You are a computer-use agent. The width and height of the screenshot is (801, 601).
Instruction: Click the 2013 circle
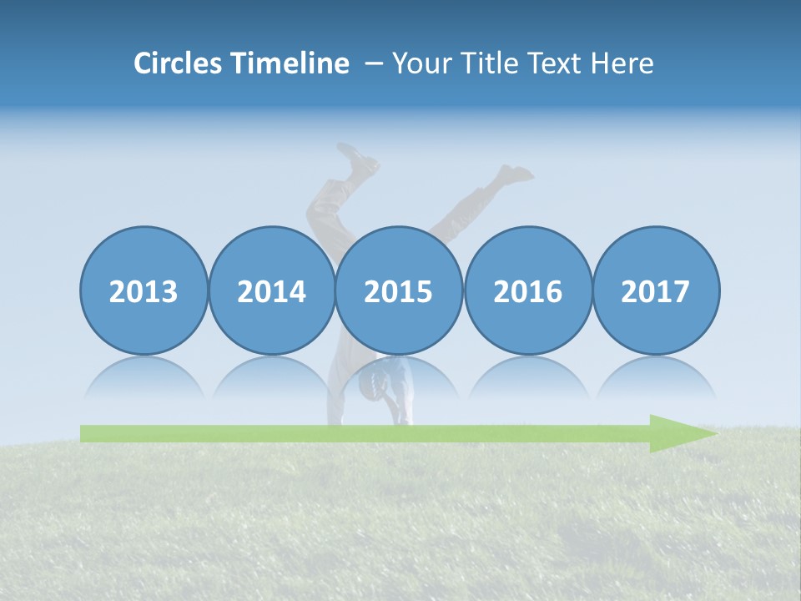coord(144,291)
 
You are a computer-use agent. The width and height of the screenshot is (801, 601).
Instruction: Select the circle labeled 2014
coord(272,291)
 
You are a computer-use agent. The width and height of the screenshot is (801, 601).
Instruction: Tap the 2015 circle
coord(399,291)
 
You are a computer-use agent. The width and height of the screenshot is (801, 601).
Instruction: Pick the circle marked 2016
coord(528,291)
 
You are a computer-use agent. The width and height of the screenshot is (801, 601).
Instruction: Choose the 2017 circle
coord(656,291)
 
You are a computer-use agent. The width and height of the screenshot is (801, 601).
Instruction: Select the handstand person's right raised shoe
coord(515,174)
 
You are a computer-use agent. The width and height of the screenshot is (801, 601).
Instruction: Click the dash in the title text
coord(372,64)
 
